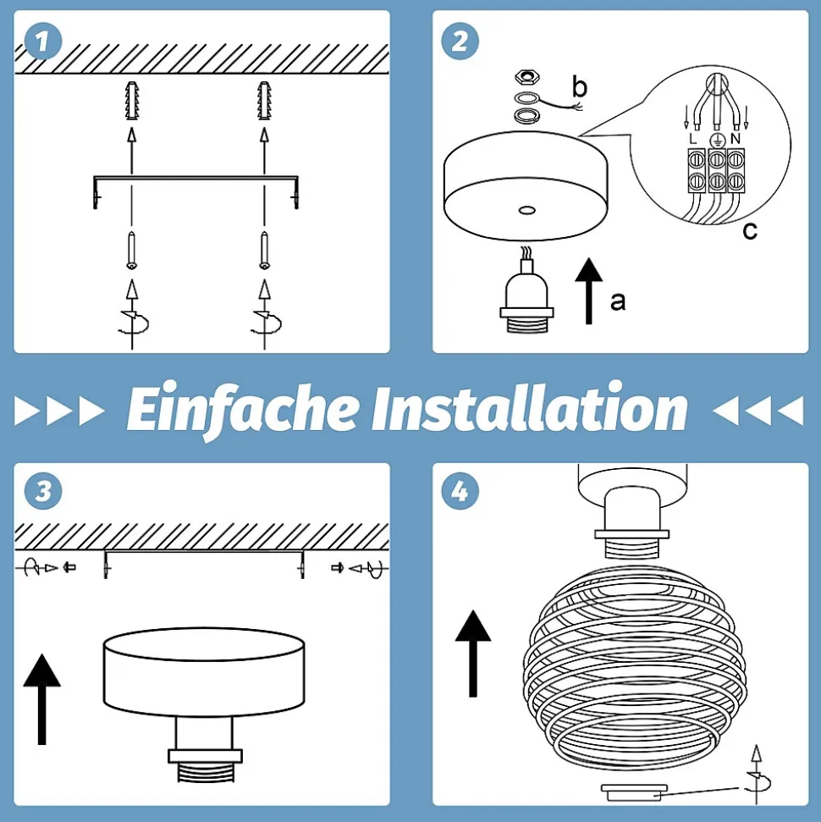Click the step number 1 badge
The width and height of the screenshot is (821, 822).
coord(43,42)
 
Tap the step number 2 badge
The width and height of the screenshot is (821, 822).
coord(460,41)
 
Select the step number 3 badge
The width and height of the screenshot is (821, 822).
coord(43,491)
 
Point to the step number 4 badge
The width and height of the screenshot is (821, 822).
coord(460,491)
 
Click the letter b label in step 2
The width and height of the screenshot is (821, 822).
coord(579,87)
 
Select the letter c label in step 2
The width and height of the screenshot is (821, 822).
coord(750,230)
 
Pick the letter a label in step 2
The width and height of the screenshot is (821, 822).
coord(618,302)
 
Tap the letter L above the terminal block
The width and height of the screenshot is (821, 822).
coord(693,139)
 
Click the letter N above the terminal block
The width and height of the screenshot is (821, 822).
coord(735,139)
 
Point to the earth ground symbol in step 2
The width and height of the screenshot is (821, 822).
coord(717,140)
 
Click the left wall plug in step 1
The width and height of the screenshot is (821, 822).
coord(132,102)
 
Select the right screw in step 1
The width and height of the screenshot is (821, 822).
coord(265,251)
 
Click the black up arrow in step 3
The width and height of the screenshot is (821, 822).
coord(42,699)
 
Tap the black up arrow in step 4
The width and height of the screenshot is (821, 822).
coord(473,654)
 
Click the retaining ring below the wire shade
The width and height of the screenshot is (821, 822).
coord(634,792)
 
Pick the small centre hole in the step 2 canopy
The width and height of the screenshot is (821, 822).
coord(526,211)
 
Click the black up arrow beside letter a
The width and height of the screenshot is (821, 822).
coord(589,291)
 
